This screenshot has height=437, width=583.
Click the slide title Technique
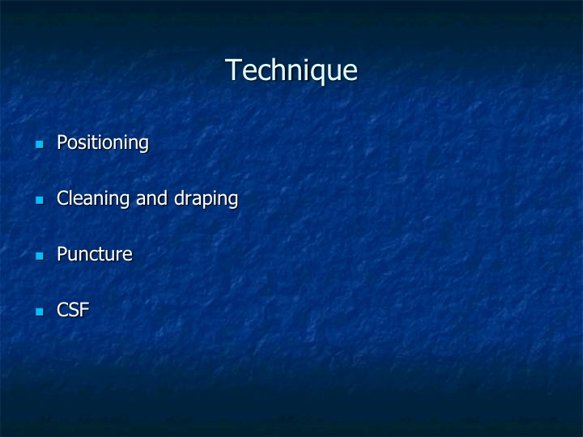pyautogui.click(x=291, y=70)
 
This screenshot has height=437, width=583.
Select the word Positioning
pyautogui.click(x=103, y=143)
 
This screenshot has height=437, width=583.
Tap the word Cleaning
pyautogui.click(x=93, y=199)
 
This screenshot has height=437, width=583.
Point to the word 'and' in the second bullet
pyautogui.click(x=151, y=197)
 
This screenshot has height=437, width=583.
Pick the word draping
pyautogui.click(x=206, y=199)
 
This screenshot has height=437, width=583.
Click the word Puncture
pyautogui.click(x=95, y=254)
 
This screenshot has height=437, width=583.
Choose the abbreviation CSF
pyautogui.click(x=73, y=310)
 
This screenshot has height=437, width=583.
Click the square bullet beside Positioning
pyautogui.click(x=40, y=144)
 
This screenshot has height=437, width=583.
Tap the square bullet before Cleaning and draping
pyautogui.click(x=40, y=200)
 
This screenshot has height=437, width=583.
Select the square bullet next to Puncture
pyautogui.click(x=40, y=256)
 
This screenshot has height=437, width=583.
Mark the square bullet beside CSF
pyautogui.click(x=40, y=312)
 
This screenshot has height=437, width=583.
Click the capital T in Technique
pyautogui.click(x=233, y=70)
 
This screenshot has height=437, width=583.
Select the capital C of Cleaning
pyautogui.click(x=63, y=197)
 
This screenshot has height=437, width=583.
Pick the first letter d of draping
pyautogui.click(x=180, y=197)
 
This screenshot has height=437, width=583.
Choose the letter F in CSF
pyautogui.click(x=85, y=310)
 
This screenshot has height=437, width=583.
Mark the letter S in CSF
pyautogui.click(x=74, y=310)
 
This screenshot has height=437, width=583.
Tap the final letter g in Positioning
pyautogui.click(x=143, y=146)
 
